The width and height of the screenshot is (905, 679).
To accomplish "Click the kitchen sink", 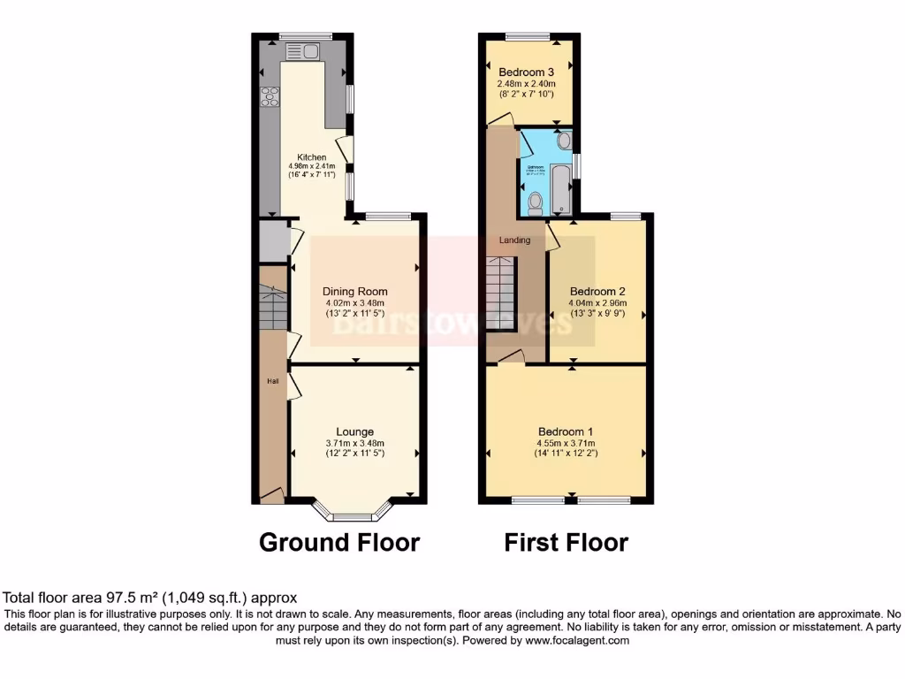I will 305,51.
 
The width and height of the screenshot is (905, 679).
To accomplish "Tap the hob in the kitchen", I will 268,96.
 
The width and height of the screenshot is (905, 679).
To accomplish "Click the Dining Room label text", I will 354,291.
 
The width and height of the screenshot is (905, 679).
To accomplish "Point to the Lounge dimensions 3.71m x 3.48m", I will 354,444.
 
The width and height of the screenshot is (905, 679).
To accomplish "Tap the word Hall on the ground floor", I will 273,381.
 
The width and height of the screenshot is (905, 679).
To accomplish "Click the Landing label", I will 514,240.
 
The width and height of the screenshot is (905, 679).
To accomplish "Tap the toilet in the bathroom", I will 534,203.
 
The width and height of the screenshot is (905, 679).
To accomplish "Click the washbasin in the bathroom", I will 564,141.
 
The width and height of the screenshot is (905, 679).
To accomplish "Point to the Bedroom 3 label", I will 527,72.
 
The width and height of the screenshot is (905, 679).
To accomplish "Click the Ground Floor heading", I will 338,542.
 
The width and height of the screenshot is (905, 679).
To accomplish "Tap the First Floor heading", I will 566,542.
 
